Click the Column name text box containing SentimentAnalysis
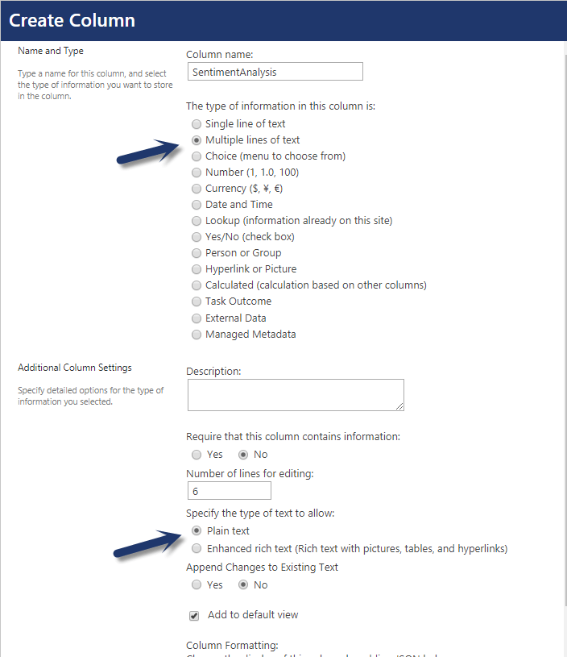pyautogui.click(x=275, y=72)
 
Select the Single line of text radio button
pyautogui.click(x=197, y=124)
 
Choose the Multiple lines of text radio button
pyautogui.click(x=197, y=140)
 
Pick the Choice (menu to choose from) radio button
pyautogui.click(x=197, y=156)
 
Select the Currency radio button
pyautogui.click(x=197, y=189)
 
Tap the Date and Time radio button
pyautogui.click(x=197, y=205)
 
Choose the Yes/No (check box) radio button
pyautogui.click(x=197, y=237)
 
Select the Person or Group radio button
pyautogui.click(x=197, y=253)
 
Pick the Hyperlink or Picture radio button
pyautogui.click(x=197, y=269)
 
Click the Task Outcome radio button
pyautogui.click(x=197, y=301)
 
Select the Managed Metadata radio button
pyautogui.click(x=197, y=335)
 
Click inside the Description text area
pyautogui.click(x=296, y=395)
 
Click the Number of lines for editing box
pyautogui.click(x=229, y=491)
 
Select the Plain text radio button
pyautogui.click(x=197, y=531)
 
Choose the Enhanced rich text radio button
pyautogui.click(x=197, y=549)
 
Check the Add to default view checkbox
pyautogui.click(x=194, y=616)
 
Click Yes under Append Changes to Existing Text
pyautogui.click(x=197, y=585)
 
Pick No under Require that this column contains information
pyautogui.click(x=243, y=455)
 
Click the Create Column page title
pyautogui.click(x=72, y=21)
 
